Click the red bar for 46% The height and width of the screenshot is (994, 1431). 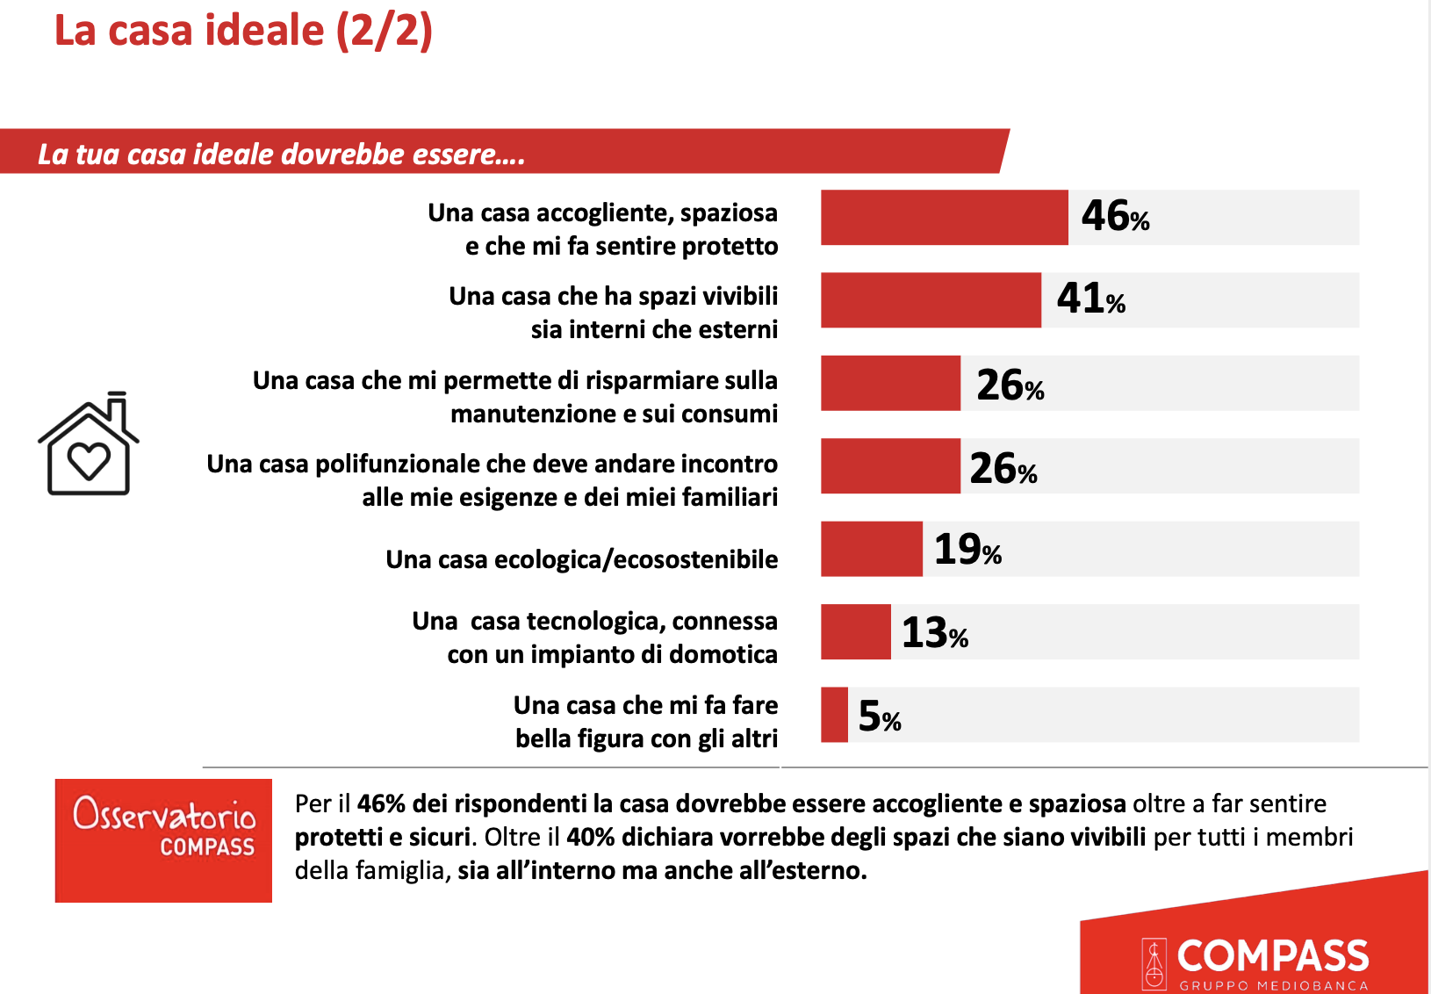(944, 217)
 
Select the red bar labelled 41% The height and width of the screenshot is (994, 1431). (931, 300)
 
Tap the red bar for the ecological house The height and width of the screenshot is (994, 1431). (871, 549)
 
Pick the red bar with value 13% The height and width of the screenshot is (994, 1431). (855, 631)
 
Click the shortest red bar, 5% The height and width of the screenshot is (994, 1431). (834, 715)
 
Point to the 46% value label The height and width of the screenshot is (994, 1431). (1114, 216)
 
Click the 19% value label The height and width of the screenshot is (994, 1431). (967, 550)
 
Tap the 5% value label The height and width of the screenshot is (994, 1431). (879, 717)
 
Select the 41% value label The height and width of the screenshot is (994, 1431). (1090, 299)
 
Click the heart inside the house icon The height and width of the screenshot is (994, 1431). (89, 460)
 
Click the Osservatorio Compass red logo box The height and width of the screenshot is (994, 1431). (163, 840)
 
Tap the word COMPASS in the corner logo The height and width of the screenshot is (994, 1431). (1272, 955)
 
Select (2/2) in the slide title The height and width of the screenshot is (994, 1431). (385, 30)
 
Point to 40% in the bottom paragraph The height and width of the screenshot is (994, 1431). (590, 837)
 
